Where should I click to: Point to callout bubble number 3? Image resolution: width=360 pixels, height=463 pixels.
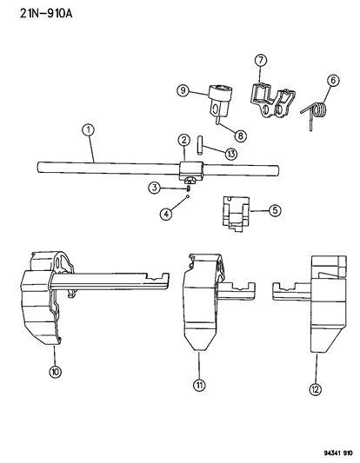[152, 188]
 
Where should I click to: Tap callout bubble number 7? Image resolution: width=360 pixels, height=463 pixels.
[259, 60]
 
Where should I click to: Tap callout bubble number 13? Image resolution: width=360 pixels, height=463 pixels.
[231, 154]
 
